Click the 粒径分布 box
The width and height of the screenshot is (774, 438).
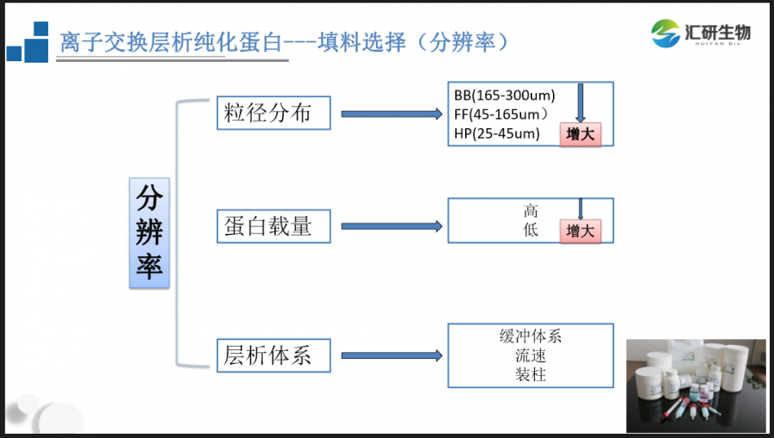point(273,113)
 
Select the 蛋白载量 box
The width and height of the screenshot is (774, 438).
point(273,226)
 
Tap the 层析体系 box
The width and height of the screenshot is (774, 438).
point(273,355)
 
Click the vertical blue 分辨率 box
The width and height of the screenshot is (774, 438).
point(150,232)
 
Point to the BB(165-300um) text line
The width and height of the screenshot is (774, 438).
point(505,96)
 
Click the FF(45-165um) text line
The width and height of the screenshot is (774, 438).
point(501,114)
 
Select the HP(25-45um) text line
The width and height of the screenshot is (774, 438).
point(496,133)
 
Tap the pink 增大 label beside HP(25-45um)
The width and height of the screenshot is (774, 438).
point(580,134)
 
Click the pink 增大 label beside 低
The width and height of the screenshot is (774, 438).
point(580,231)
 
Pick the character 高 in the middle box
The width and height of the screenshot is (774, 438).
point(531,211)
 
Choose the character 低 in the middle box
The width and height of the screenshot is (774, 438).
point(531,230)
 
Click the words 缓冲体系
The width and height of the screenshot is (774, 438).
point(531,336)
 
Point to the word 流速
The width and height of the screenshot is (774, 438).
point(531,355)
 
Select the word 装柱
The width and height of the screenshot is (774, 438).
point(531,374)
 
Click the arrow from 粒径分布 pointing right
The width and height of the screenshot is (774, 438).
point(391,114)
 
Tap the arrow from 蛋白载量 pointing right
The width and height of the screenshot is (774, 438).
point(391,226)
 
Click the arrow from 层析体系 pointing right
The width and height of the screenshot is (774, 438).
point(391,355)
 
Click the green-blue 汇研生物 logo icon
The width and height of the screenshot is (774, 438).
point(666,33)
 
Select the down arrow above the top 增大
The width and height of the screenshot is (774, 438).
point(580,102)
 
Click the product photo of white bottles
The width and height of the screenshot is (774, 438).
point(696,386)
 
